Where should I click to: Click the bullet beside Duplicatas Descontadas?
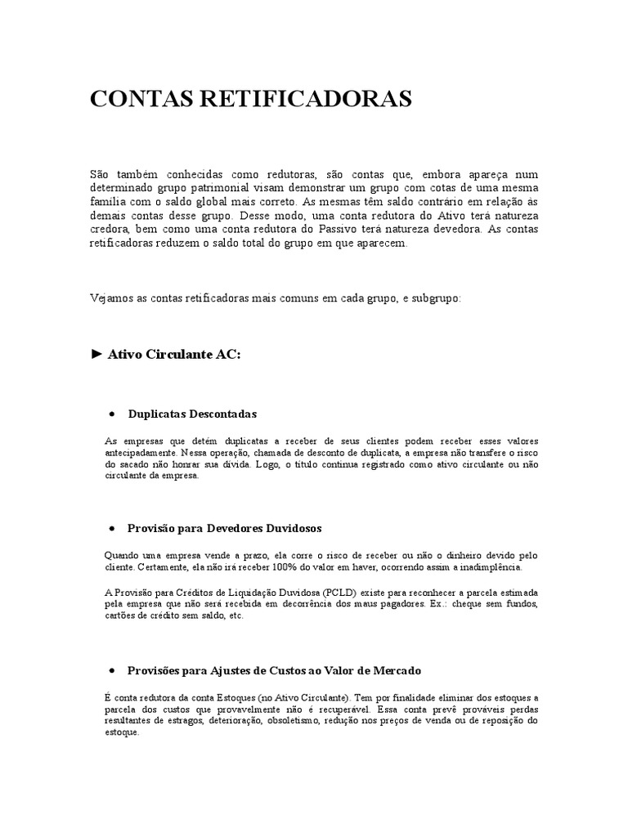(x=110, y=414)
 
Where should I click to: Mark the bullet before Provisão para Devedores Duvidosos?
(x=110, y=528)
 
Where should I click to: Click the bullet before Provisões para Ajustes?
(x=110, y=670)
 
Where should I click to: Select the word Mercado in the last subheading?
(x=396, y=670)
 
